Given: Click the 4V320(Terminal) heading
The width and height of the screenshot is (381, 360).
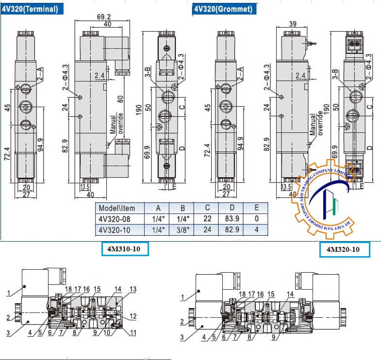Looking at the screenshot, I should pyautogui.click(x=30, y=9).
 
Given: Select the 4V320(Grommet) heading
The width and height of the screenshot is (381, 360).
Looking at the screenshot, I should pyautogui.click(x=223, y=9).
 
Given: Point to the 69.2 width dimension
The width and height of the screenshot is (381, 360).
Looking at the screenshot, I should pyautogui.click(x=103, y=16).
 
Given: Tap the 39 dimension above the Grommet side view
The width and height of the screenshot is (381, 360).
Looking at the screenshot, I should pyautogui.click(x=293, y=24).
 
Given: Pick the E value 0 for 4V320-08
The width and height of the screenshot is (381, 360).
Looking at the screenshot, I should pyautogui.click(x=256, y=218).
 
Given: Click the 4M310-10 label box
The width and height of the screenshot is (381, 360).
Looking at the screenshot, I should pyautogui.click(x=124, y=249).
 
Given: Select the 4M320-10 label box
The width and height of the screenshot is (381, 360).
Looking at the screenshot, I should pyautogui.click(x=344, y=249).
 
